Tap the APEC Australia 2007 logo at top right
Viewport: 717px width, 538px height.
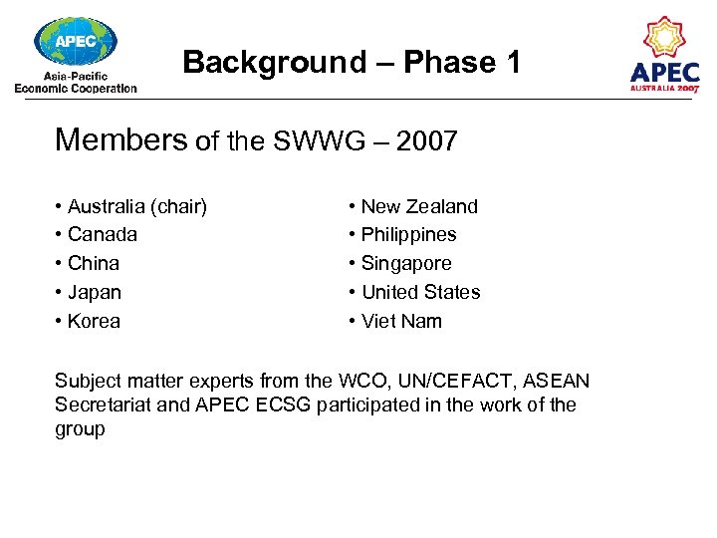[664, 55]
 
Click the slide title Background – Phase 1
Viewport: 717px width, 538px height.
[352, 63]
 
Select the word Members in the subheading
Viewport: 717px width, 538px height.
[120, 139]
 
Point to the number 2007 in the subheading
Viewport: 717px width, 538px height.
[426, 141]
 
